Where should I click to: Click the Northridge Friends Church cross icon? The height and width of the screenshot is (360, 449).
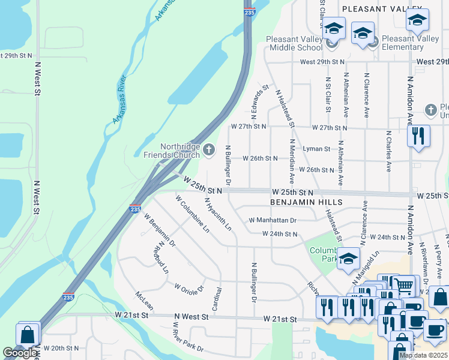click(x=209, y=150)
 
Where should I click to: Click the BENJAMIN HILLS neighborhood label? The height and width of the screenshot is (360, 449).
click(x=306, y=203)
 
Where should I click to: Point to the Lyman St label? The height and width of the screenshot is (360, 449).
click(x=316, y=149)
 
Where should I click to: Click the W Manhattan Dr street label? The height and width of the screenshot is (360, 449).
click(x=273, y=220)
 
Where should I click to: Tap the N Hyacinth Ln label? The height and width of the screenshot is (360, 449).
click(x=217, y=214)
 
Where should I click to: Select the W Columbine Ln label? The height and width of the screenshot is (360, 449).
click(x=192, y=214)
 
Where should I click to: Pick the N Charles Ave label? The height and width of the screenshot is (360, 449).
click(x=389, y=152)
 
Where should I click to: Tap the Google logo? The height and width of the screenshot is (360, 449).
click(x=20, y=353)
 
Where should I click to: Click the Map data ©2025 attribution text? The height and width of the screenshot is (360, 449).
click(x=423, y=355)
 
